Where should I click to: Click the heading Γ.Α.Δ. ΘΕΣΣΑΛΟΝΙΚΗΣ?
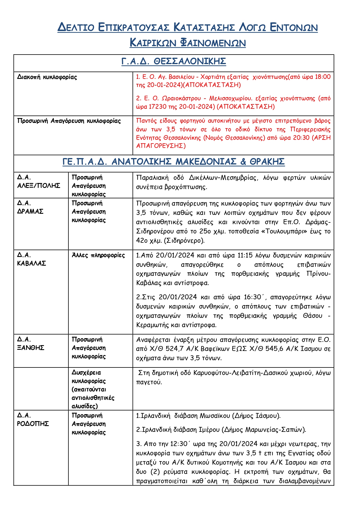pos(173,61)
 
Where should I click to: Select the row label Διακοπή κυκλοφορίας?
pos(47,77)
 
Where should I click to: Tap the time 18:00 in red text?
pos(323,77)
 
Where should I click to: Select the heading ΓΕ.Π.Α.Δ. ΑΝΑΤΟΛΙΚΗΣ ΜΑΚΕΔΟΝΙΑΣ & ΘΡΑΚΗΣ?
pos(173,162)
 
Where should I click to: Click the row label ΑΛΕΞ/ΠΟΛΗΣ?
pos(39,186)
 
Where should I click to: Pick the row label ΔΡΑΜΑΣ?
pos(30,211)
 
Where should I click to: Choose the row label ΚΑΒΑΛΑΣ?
pos(31,263)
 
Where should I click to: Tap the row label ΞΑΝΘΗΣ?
pos(30,348)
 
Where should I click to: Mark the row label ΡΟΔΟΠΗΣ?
pos(33,424)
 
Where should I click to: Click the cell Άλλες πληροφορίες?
pos(98,255)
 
